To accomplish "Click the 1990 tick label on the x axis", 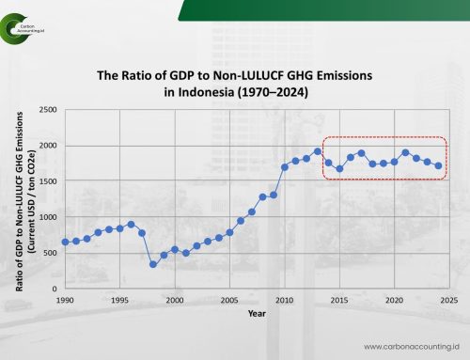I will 65,300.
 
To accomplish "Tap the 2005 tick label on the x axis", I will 229,300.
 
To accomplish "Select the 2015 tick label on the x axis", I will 338,300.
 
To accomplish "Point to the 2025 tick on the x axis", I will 448,300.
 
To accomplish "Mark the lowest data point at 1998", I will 153,264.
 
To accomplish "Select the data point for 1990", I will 65,242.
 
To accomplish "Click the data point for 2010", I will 284,167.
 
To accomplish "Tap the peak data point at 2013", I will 317,151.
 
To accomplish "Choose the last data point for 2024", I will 438,165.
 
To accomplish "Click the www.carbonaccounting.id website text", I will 406,344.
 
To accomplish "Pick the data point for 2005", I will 229,232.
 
